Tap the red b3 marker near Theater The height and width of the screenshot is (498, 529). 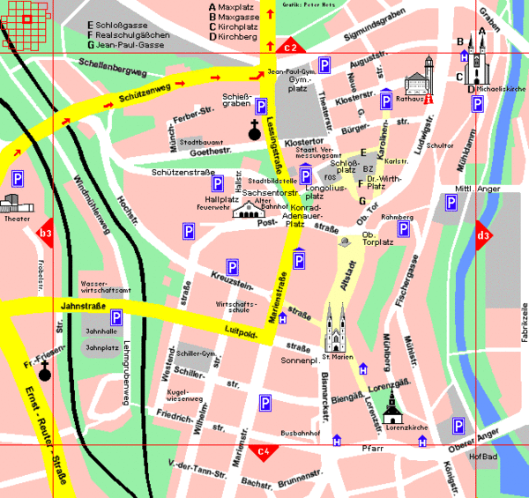point(46,233)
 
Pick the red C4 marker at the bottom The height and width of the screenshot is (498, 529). point(264,452)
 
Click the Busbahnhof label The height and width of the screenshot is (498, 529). point(300,434)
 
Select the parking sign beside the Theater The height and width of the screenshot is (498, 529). point(17,179)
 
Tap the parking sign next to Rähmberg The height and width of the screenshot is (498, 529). point(404,229)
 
